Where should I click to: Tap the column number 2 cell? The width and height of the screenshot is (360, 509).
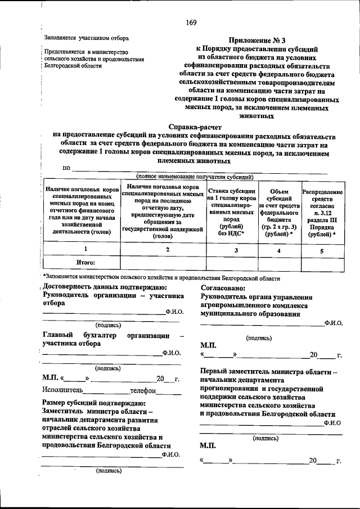pos(163,249)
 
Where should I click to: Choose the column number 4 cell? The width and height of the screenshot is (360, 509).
pos(279,249)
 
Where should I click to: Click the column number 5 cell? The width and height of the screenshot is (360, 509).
pos(321,249)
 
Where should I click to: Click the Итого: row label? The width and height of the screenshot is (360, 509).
pos(86,263)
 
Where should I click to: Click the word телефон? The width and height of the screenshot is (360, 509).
pos(142,390)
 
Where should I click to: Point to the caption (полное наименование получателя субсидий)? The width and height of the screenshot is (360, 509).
pos(191,177)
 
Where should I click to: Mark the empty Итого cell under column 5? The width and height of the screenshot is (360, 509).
pos(321,263)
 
